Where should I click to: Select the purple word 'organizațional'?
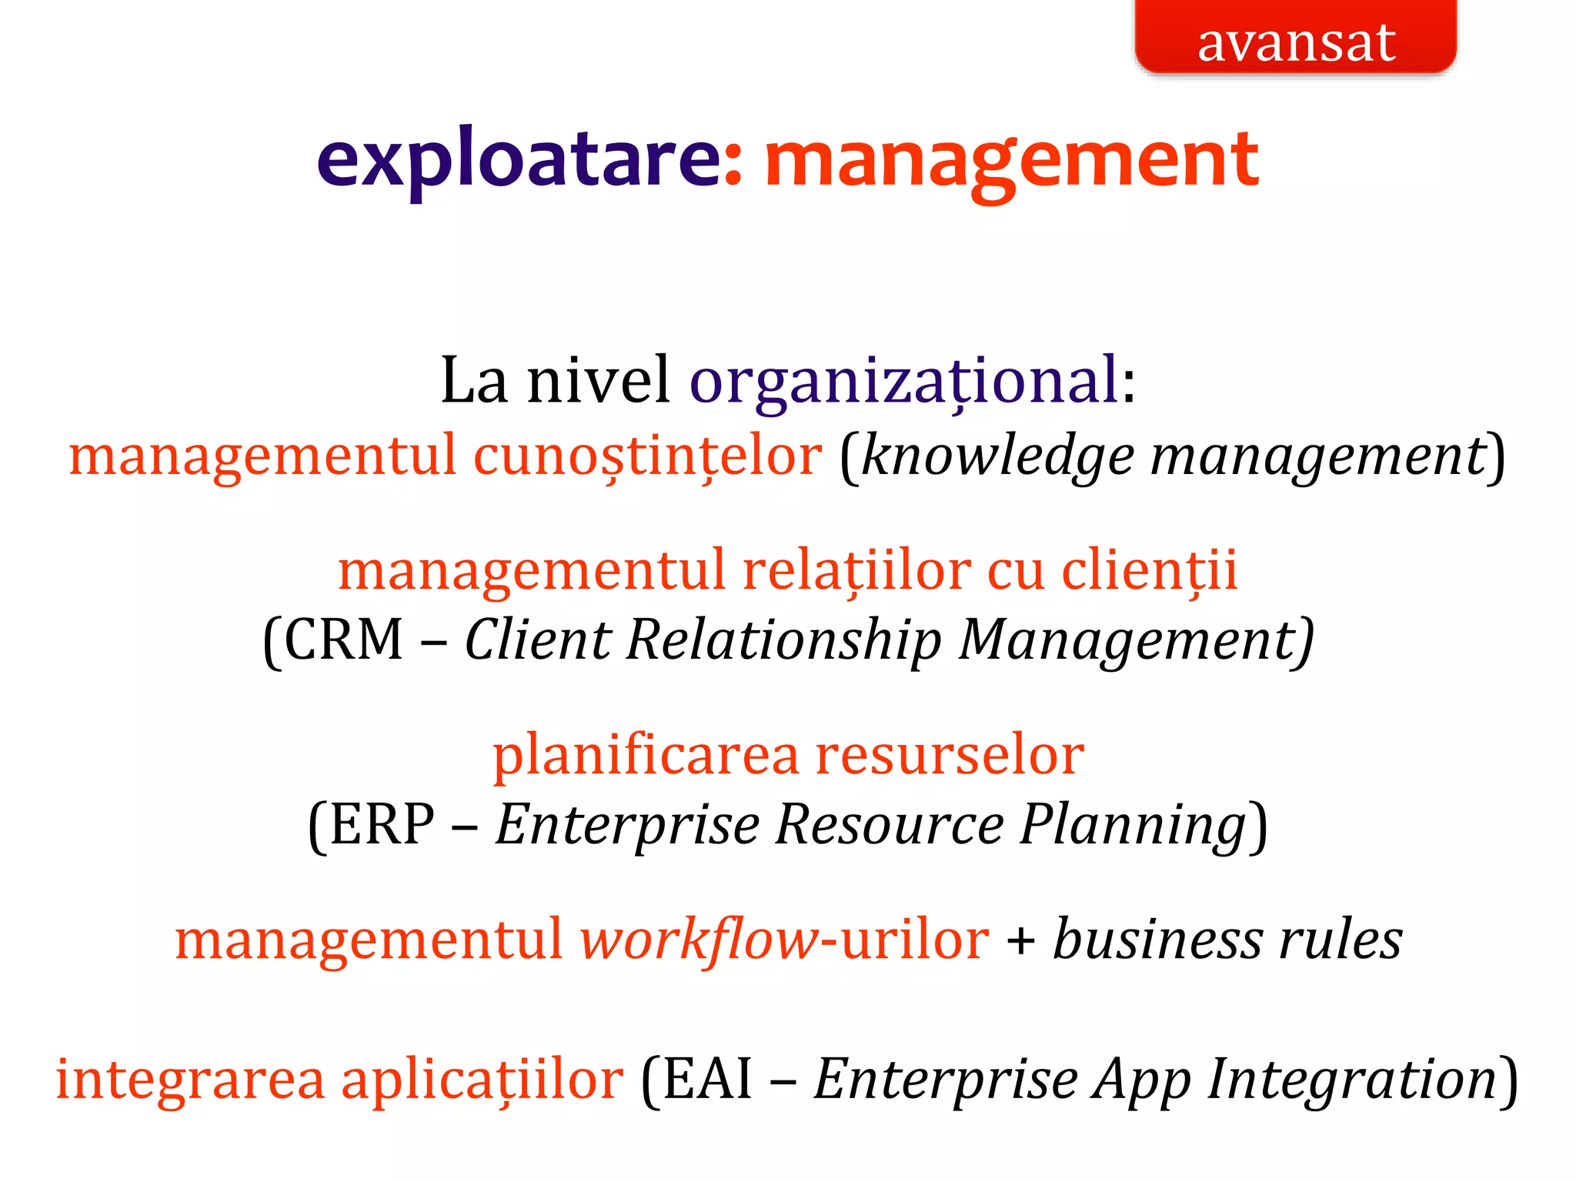pyautogui.click(x=904, y=381)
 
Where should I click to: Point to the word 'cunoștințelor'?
pyautogui.click(x=647, y=456)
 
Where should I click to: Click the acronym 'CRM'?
pyautogui.click(x=343, y=640)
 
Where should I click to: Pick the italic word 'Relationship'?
pyautogui.click(x=784, y=640)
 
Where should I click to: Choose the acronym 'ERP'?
pyautogui.click(x=382, y=825)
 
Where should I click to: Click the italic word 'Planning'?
pyautogui.click(x=1134, y=825)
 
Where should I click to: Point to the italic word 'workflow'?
pyautogui.click(x=699, y=940)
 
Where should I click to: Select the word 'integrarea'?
pyautogui.click(x=190, y=1079)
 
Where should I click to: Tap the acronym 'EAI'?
pyautogui.click(x=707, y=1079)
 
